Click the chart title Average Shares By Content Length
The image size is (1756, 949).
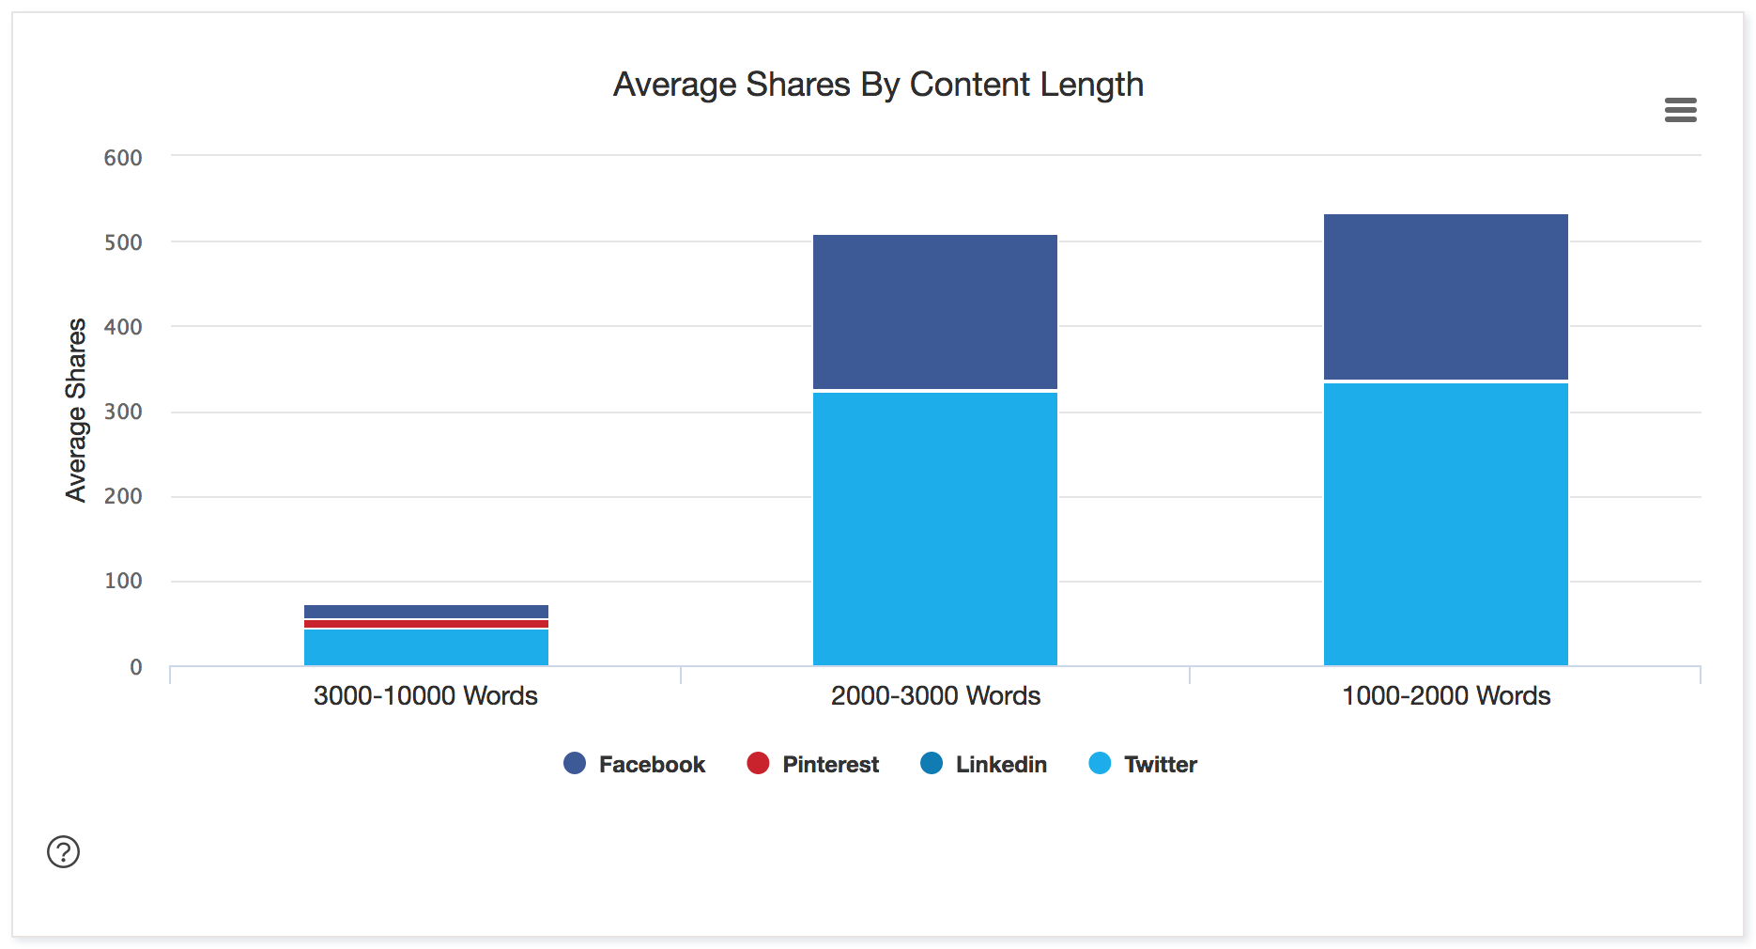878,85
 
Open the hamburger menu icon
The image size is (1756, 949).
1680,110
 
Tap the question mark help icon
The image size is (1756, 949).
64,852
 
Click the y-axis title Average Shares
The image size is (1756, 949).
76,410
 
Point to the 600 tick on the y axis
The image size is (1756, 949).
123,158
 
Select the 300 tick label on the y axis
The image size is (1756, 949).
123,412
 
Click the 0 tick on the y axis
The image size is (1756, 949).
136,667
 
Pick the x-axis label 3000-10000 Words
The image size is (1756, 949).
425,696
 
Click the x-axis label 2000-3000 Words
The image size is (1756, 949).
935,696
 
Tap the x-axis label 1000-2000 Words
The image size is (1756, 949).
1446,696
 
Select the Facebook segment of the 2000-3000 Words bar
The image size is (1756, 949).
935,312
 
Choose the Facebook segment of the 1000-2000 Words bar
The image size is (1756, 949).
1446,297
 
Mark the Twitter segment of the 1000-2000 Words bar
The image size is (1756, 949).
1446,524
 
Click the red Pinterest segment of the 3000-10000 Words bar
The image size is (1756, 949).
426,624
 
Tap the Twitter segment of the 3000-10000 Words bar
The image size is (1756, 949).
426,647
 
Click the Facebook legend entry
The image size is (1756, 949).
635,764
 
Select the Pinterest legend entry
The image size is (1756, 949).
813,764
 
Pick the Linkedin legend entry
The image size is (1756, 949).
984,764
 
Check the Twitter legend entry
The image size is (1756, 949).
1143,764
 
